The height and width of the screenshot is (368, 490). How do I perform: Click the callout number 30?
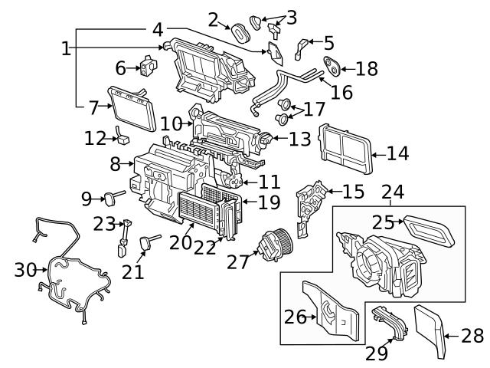pos(25,270)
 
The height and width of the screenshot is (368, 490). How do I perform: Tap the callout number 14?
pos(397,153)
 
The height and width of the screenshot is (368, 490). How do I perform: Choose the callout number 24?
pos(393,192)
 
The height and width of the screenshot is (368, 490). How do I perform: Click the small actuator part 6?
pos(148,67)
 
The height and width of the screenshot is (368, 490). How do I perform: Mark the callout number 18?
pos(367,68)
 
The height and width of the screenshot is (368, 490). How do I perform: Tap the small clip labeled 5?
pos(302,48)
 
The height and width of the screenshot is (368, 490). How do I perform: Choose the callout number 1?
pos(67,48)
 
